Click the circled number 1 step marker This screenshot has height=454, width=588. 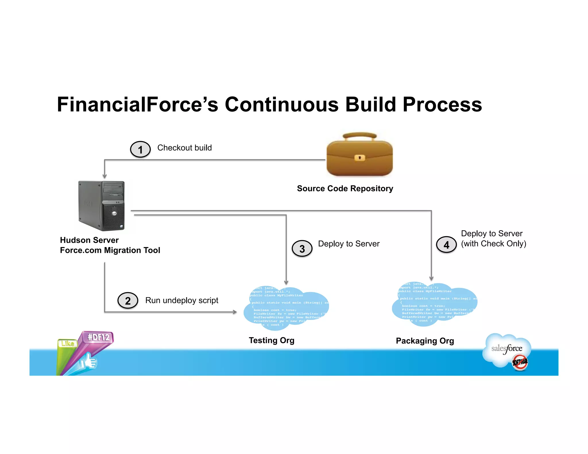click(x=140, y=149)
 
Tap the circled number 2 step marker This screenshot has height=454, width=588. click(x=128, y=300)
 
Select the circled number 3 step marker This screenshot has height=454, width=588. click(x=302, y=249)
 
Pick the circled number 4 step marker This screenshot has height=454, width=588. click(x=446, y=245)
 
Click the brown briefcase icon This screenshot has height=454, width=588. click(x=359, y=155)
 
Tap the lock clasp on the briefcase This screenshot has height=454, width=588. click(x=359, y=158)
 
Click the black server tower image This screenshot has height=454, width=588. click(x=102, y=205)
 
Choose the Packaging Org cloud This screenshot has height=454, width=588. click(x=434, y=304)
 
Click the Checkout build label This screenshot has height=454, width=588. click(x=184, y=148)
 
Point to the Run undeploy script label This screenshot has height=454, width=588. click(x=181, y=300)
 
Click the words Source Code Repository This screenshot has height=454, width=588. click(x=345, y=189)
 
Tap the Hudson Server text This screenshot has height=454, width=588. click(x=89, y=240)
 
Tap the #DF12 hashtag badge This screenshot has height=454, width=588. click(x=98, y=337)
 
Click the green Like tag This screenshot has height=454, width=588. click(x=67, y=344)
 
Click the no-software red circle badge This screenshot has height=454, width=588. click(x=520, y=362)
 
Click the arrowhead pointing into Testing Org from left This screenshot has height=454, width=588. click(x=235, y=312)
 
